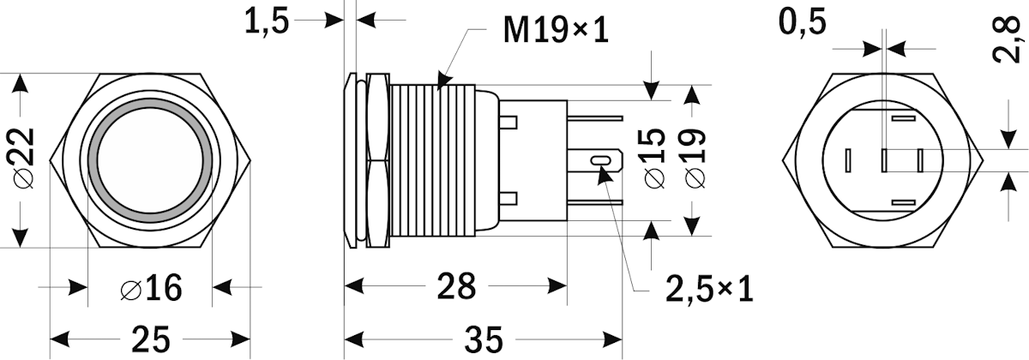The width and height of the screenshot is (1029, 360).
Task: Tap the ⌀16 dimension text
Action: pyautogui.click(x=151, y=289)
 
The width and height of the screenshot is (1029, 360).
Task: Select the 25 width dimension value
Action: pyautogui.click(x=151, y=339)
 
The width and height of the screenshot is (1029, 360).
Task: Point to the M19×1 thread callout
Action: pyautogui.click(x=555, y=32)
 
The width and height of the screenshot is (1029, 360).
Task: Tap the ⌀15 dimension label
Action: pyautogui.click(x=653, y=157)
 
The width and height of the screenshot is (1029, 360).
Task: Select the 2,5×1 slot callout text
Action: pyautogui.click(x=709, y=289)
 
